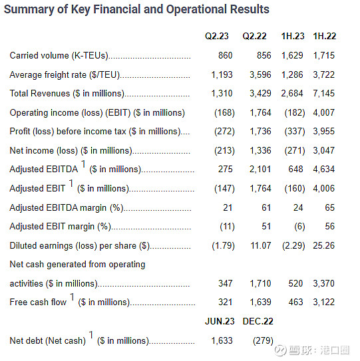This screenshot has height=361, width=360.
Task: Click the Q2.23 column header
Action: point(217,36)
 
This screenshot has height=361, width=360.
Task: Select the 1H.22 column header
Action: point(325,36)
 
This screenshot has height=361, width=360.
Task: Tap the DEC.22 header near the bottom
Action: point(258,321)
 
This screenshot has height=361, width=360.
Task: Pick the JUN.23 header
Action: point(220,321)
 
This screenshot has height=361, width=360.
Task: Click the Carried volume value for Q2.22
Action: point(264,55)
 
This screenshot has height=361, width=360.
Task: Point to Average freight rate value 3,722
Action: point(323,75)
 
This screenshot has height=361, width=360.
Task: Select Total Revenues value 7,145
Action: point(323,94)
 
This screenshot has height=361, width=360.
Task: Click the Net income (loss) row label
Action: point(71,151)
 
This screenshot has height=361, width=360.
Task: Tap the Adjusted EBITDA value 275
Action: point(226,170)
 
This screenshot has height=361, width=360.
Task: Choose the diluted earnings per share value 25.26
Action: point(323,246)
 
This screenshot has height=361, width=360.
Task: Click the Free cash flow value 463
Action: point(295,302)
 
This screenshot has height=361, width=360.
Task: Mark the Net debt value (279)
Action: point(263,341)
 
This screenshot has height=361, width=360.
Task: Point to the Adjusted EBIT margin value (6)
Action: point(299,227)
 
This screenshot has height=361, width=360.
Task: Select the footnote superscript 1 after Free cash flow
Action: point(72,297)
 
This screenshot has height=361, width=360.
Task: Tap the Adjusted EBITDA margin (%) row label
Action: point(67,208)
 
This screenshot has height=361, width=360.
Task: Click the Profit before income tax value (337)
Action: point(295,132)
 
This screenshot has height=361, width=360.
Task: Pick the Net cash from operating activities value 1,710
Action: point(260,283)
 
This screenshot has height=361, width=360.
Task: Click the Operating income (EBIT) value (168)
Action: point(224,113)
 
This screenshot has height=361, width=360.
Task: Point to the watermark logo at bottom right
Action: point(281,350)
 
